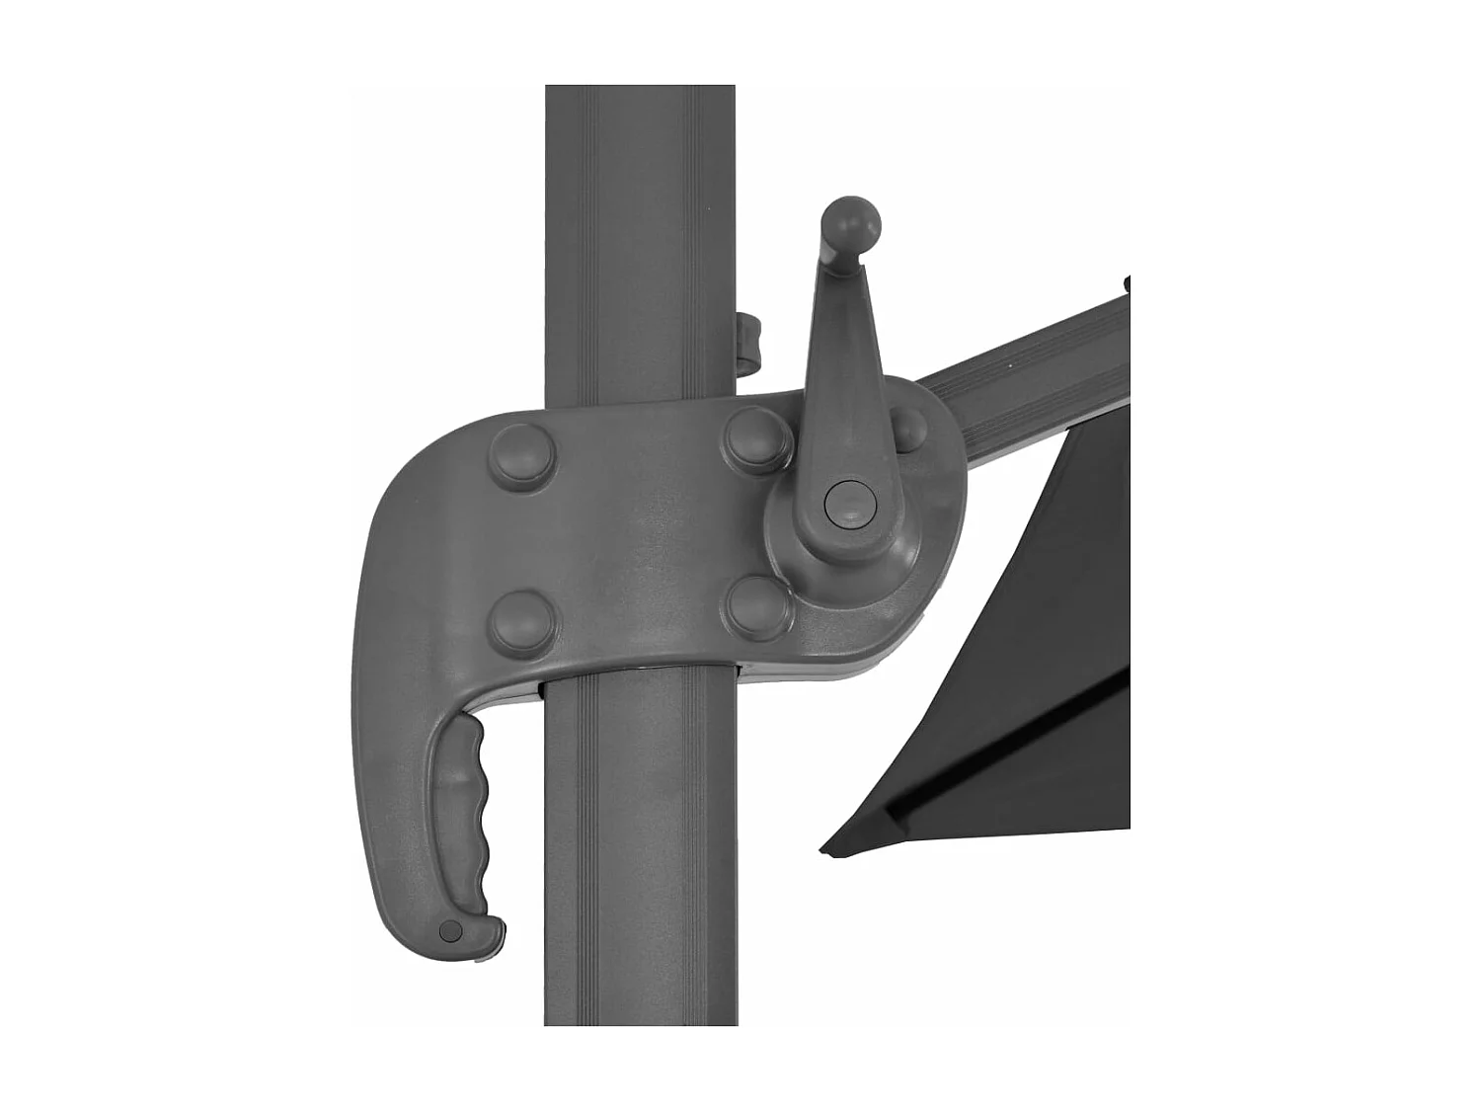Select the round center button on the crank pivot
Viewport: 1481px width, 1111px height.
(844, 502)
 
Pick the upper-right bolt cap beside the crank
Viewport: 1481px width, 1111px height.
(756, 437)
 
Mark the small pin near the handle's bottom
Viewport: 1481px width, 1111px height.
(450, 929)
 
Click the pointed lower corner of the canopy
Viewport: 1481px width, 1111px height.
(831, 846)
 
